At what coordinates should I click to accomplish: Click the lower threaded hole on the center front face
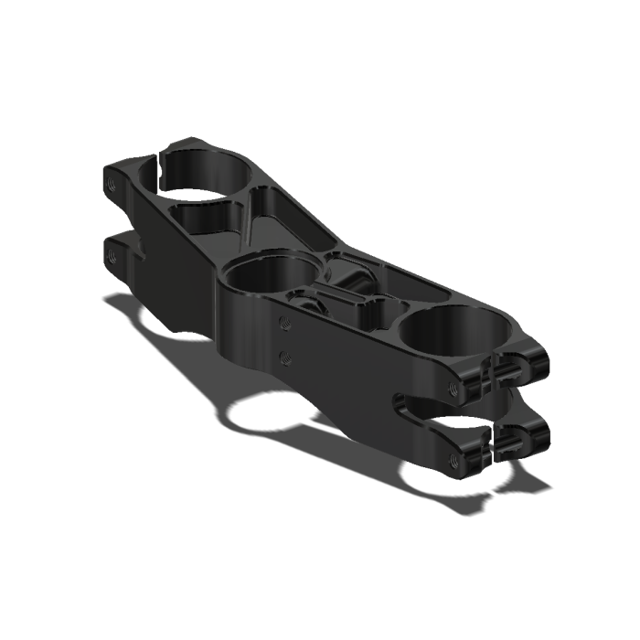(285, 353)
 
